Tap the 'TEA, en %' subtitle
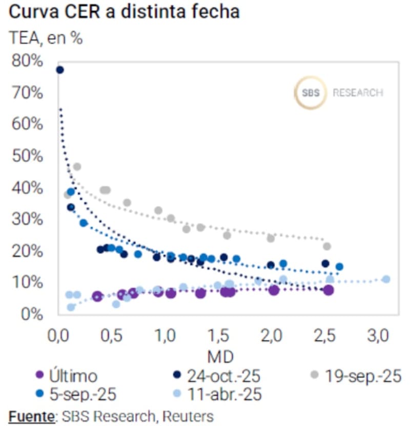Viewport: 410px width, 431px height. click(x=46, y=38)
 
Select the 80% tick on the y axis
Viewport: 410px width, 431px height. click(x=26, y=61)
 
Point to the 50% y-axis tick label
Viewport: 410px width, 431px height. click(x=26, y=156)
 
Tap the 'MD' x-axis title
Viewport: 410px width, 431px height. click(x=219, y=356)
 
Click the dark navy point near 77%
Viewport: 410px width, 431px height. click(x=59, y=70)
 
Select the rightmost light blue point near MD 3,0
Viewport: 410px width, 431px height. click(x=386, y=279)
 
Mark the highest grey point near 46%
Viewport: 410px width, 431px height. click(x=77, y=166)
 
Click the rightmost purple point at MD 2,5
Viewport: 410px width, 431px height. click(x=329, y=290)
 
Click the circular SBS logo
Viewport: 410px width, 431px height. click(x=311, y=93)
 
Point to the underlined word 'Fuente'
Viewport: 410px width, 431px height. click(x=31, y=417)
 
